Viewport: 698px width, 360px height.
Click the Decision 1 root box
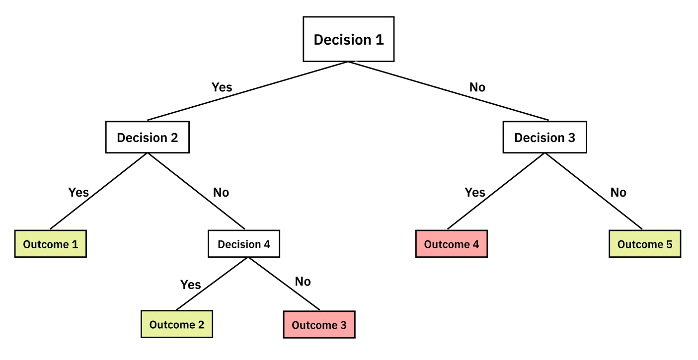tap(348, 39)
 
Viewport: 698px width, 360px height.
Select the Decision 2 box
tap(147, 138)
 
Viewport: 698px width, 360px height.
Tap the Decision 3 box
tap(544, 138)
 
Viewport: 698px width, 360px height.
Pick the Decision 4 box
tap(244, 244)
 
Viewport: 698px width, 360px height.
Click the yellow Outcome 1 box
tap(50, 244)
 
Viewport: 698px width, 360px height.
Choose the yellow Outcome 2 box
tap(177, 325)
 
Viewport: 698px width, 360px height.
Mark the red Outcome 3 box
tap(319, 325)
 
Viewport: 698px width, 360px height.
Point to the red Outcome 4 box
tap(451, 244)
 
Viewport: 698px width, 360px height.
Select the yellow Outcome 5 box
tap(644, 244)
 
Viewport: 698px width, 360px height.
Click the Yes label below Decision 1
tap(222, 87)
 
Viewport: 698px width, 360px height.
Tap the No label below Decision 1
tap(477, 87)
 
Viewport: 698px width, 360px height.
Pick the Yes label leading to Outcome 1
tap(78, 192)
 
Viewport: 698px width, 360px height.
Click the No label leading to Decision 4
tap(221, 192)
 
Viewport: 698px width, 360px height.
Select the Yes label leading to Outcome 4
tap(475, 192)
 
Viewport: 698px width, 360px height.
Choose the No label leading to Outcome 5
tap(618, 192)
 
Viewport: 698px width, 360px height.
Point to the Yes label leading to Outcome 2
tap(190, 285)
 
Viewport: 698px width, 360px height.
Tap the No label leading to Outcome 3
tap(303, 282)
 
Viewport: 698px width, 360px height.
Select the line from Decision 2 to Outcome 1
tap(98, 191)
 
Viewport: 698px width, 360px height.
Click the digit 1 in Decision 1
tap(379, 40)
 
